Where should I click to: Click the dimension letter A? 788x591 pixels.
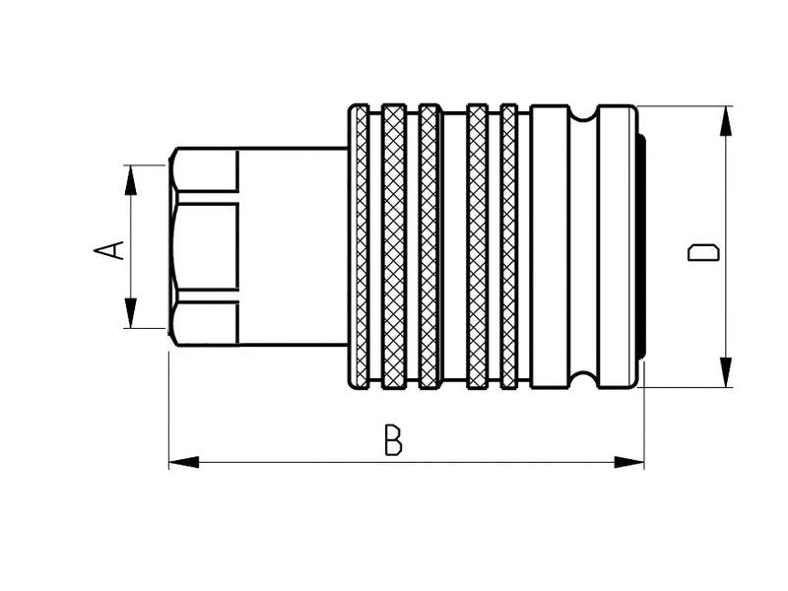tap(110, 249)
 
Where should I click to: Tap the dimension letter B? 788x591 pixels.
tap(393, 440)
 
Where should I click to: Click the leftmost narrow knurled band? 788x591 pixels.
tap(361, 246)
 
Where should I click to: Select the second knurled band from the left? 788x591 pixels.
tap(394, 246)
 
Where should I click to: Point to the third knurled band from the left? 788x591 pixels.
tap(429, 246)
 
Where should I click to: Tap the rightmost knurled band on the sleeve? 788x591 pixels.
tap(509, 246)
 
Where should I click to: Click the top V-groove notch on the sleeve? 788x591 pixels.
tap(583, 114)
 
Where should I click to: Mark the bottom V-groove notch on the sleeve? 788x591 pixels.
tap(583, 379)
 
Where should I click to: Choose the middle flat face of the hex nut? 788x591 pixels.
tap(205, 246)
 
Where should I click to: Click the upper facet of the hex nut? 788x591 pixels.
tap(205, 170)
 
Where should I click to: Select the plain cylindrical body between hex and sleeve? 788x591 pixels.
tap(294, 246)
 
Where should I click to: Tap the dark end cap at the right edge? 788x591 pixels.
tap(641, 246)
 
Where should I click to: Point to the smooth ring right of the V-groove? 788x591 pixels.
tap(617, 246)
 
